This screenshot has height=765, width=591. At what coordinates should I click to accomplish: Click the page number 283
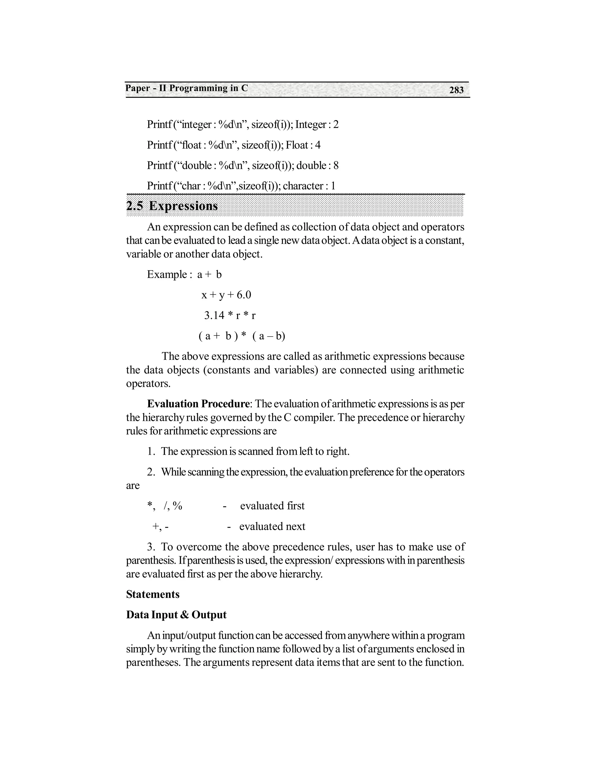coord(456,90)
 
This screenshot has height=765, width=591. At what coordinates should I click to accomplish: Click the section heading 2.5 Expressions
coord(172,206)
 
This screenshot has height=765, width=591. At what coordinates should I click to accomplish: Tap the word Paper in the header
coord(138,88)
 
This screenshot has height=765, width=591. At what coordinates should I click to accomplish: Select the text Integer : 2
coord(317,125)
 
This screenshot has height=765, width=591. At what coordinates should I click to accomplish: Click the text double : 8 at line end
coord(317,165)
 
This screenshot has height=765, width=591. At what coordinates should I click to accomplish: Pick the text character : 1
coord(309,186)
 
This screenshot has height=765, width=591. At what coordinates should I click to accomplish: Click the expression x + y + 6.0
coord(226,295)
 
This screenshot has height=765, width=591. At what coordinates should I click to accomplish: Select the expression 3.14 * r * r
coord(230,316)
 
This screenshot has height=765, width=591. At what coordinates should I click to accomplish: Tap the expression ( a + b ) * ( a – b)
coord(242,336)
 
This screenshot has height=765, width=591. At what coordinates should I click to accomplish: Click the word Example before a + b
coord(167,274)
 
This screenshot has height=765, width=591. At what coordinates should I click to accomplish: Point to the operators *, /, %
coord(164,506)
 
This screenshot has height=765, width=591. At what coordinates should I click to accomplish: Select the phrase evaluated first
coord(272,506)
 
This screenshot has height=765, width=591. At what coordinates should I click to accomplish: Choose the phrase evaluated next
coord(272,527)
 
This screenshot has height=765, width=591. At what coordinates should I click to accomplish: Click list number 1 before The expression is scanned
coord(151,451)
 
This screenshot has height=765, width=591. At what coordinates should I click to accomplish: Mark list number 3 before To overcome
coord(151,547)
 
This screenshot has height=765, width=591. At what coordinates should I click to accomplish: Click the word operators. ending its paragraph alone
coord(148,384)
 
